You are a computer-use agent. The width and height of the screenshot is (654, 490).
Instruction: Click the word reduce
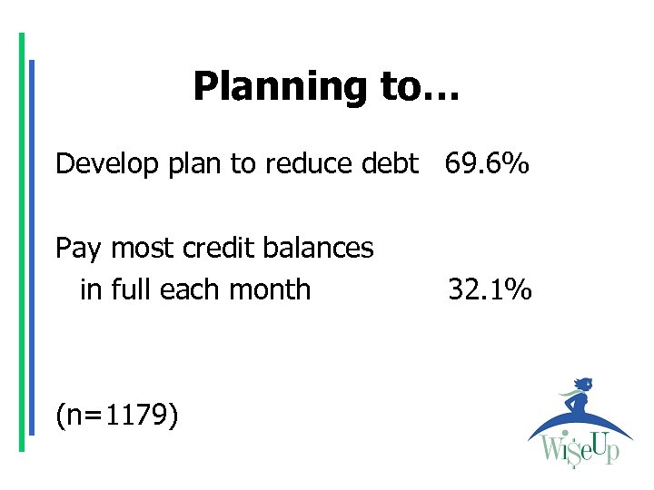click(x=306, y=164)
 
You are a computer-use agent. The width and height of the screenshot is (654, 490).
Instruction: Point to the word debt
click(x=388, y=164)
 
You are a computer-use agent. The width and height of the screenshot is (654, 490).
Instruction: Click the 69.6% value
click(x=488, y=164)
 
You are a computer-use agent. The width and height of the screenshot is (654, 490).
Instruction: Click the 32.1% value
click(x=490, y=289)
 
